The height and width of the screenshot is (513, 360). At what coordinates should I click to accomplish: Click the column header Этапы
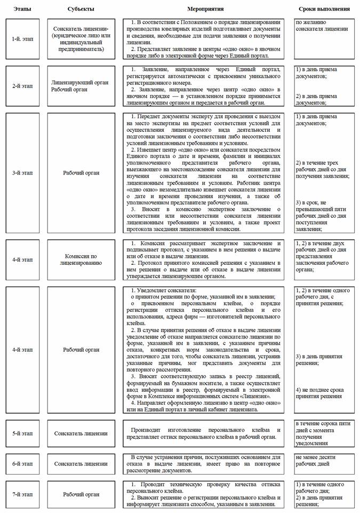coord(22,10)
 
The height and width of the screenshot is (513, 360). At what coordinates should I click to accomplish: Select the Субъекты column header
coord(81,10)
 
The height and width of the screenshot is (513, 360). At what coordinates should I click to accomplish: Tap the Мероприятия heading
coord(205,10)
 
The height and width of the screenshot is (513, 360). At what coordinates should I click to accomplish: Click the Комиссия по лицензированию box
coord(81,260)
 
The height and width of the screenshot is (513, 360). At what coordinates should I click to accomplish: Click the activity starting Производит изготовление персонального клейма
coord(205,433)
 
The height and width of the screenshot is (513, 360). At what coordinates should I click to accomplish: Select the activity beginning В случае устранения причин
coord(205,463)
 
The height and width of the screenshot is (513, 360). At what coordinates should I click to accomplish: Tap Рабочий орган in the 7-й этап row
coord(81,494)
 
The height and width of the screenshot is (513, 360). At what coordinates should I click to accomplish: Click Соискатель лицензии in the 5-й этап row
coord(81,433)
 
